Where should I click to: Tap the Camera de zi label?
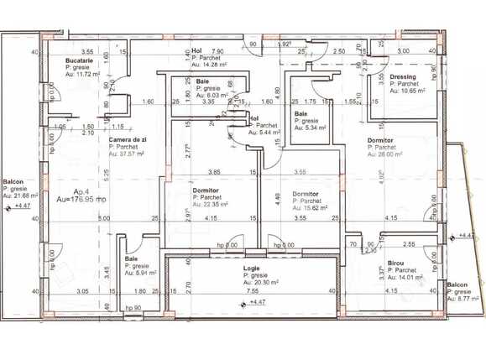128,140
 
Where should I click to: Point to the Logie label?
252,269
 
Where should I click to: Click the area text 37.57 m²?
128,154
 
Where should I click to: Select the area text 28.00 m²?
385,154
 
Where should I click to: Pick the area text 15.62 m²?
310,208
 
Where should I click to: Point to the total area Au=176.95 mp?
81,201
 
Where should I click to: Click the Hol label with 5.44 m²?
254,119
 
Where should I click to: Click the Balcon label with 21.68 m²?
13,181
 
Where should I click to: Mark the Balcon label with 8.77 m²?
457,284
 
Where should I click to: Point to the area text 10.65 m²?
408,91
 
